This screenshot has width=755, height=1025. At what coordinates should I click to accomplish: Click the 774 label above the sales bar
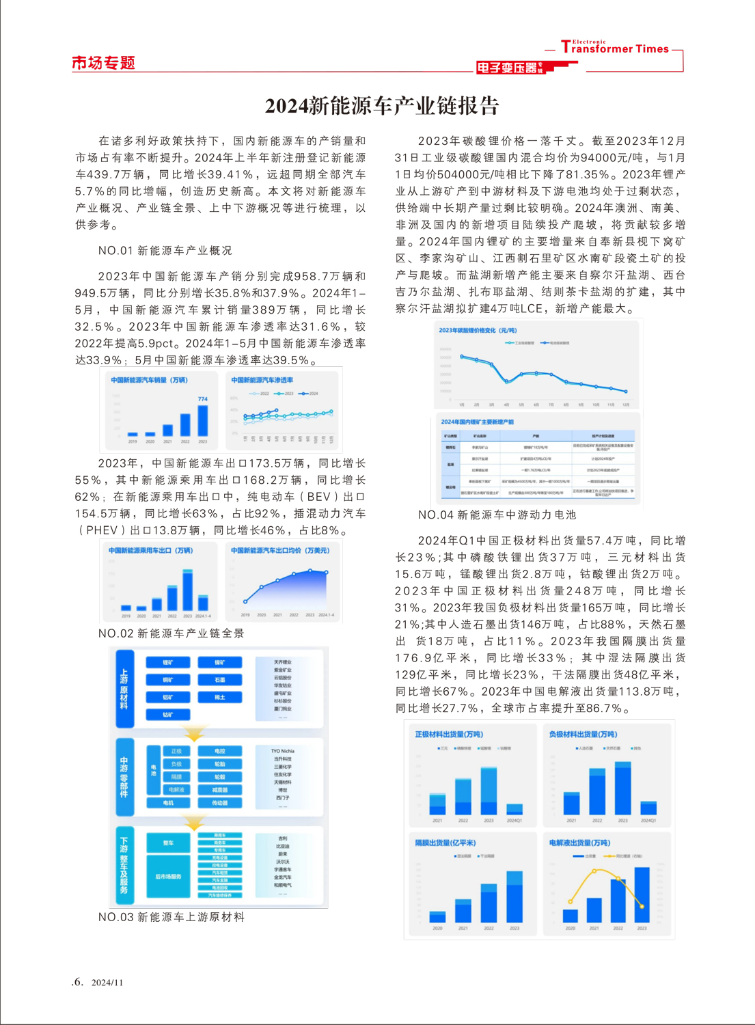tap(203, 399)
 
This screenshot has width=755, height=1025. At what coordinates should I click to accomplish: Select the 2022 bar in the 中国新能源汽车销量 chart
tap(185, 424)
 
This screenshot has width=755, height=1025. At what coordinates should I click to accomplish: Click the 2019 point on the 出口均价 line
tap(245, 601)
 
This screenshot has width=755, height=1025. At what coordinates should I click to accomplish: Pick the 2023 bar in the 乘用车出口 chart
tap(188, 590)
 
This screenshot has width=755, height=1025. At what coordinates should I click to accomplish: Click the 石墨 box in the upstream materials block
tap(220, 680)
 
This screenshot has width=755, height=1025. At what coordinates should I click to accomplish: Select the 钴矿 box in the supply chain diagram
tap(168, 715)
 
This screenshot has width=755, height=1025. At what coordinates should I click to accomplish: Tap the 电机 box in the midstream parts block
tap(168, 803)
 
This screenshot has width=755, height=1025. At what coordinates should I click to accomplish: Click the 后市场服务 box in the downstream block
tap(168, 877)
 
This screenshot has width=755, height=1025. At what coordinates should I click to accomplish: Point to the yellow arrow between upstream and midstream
tap(195, 734)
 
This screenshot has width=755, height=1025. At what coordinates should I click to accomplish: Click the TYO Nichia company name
tap(282, 751)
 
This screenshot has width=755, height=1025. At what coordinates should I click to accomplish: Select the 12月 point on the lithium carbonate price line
tap(626, 392)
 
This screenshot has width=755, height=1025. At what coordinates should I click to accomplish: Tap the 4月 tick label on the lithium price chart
tap(506, 405)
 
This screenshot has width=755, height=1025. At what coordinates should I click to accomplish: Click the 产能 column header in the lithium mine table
tap(536, 436)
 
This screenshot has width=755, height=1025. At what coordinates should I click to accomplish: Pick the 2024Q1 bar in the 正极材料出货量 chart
tap(514, 808)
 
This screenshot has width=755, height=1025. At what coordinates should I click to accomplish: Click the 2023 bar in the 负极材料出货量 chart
tap(622, 788)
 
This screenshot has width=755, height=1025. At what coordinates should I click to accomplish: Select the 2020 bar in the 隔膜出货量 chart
tap(437, 916)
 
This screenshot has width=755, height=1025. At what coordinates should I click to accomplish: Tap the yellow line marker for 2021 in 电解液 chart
tap(594, 871)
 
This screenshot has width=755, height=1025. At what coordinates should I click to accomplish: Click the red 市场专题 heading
tap(103, 63)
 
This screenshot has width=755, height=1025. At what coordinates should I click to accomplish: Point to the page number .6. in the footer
tap(77, 982)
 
